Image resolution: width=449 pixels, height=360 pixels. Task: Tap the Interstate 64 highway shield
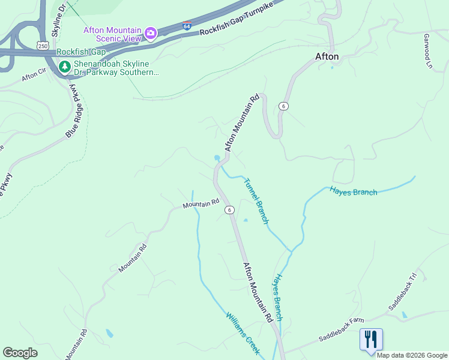pos(187,26)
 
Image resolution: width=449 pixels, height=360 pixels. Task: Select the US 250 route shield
pos(43,45)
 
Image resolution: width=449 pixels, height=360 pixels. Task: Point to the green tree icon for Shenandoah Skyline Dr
pos(64,67)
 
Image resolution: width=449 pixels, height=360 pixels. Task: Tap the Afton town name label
pos(327,57)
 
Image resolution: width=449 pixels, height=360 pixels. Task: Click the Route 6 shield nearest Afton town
pos(283,106)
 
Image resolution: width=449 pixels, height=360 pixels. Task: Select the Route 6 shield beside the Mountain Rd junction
pos(229,210)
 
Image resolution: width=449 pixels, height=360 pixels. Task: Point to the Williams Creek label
pos(243,333)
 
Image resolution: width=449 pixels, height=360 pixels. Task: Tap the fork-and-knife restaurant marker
pos(371,339)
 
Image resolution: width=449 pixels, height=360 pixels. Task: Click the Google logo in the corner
pos(20,353)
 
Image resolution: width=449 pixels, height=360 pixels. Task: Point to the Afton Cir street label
pos(34,75)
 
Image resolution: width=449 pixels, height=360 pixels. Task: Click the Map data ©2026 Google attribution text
pos(412,355)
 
